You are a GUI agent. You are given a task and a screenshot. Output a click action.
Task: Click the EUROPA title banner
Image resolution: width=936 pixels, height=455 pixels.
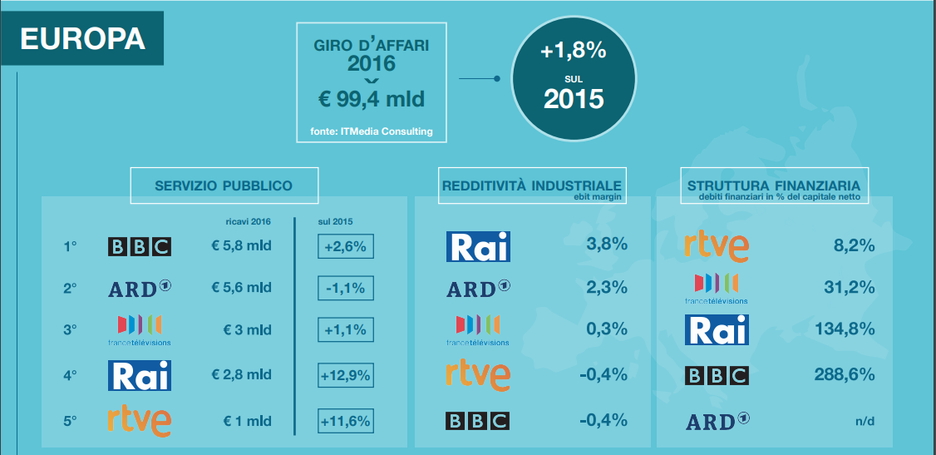pyautogui.click(x=81, y=40)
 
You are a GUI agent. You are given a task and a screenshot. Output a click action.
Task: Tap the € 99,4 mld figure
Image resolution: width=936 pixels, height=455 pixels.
pyautogui.click(x=372, y=100)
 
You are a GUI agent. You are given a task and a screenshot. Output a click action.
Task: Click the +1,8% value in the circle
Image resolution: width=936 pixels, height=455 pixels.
pyautogui.click(x=573, y=51)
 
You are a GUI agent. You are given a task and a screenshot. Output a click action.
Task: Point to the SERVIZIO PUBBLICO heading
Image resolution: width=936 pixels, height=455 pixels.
pyautogui.click(x=224, y=185)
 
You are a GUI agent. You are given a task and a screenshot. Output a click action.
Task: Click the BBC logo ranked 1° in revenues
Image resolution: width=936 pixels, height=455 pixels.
pyautogui.click(x=139, y=245)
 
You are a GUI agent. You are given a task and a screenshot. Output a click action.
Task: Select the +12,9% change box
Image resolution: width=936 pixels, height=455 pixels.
pyautogui.click(x=345, y=374)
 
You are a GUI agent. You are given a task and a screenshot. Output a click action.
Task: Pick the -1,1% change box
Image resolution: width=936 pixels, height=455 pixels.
pyautogui.click(x=345, y=288)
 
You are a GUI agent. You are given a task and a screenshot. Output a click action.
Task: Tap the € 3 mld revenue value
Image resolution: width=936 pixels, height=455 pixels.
pyautogui.click(x=247, y=330)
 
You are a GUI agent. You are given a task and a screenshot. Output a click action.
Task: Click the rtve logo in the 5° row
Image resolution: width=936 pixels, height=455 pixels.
pyautogui.click(x=139, y=420)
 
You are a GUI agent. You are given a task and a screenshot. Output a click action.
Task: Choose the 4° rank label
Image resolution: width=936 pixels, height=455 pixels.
pyautogui.click(x=70, y=374)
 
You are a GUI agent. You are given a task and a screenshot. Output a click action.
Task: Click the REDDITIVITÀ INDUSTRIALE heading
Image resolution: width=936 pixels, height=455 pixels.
pyautogui.click(x=531, y=185)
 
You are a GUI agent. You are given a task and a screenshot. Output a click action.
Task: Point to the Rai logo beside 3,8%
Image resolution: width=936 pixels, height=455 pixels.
pyautogui.click(x=478, y=245)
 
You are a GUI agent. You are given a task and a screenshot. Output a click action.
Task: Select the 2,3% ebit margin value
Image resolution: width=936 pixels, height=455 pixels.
pyautogui.click(x=607, y=288)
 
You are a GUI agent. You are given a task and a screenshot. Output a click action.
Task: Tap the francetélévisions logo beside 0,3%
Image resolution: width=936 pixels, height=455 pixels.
pyautogui.click(x=478, y=330)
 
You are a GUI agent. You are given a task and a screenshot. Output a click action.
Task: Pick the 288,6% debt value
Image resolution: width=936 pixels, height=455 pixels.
pyautogui.click(x=846, y=374)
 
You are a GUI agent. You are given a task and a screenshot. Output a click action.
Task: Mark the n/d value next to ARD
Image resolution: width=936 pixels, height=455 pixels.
pyautogui.click(x=865, y=421)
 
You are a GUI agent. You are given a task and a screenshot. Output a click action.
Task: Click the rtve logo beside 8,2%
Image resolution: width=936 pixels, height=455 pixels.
pyautogui.click(x=716, y=245)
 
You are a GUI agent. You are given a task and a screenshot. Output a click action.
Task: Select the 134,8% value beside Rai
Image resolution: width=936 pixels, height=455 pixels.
pyautogui.click(x=846, y=330)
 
